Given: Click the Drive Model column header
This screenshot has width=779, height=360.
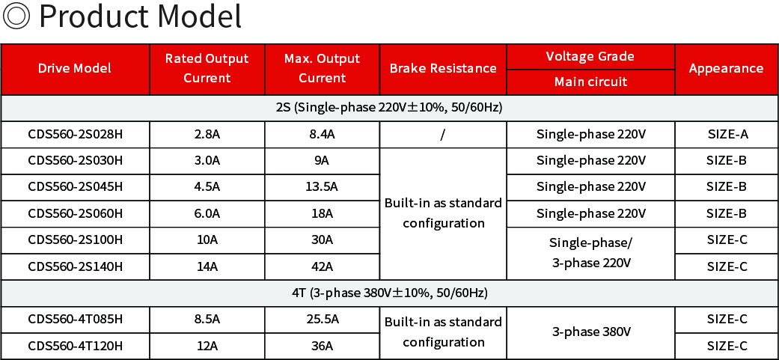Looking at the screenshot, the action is tap(75, 69).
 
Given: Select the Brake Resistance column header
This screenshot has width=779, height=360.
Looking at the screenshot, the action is tap(443, 69).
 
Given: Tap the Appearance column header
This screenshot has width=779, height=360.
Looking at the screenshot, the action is tap(726, 69).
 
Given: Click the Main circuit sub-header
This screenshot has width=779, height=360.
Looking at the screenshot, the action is tap(590, 82).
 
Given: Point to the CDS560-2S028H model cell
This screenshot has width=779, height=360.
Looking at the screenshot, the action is tap(75, 134).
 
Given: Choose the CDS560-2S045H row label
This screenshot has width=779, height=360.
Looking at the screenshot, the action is tap(75, 186).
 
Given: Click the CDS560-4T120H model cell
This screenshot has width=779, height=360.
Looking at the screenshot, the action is tap(75, 346).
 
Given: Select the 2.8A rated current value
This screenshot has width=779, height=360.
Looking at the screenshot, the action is tap(207, 134).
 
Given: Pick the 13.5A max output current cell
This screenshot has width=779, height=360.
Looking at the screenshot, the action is tap(322, 186).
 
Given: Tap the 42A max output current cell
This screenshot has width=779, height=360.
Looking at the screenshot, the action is tap(322, 266).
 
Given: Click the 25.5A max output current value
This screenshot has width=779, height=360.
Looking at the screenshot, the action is tap(322, 320).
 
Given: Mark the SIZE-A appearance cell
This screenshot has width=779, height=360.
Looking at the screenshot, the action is tap(727, 134).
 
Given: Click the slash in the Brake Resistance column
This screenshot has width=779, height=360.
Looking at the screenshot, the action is tap(442, 135).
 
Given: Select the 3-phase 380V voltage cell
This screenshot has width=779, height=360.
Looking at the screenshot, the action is tap(590, 332).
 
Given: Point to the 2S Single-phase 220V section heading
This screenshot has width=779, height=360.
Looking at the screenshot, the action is tap(389, 108).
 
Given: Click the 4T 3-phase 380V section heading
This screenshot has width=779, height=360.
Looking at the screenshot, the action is tap(389, 293).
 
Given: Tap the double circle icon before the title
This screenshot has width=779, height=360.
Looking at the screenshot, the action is tap(16, 16).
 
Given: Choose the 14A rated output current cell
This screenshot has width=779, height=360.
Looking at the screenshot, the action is tap(207, 266).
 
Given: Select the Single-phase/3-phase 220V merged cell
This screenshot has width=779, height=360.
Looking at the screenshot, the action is tap(590, 253).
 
